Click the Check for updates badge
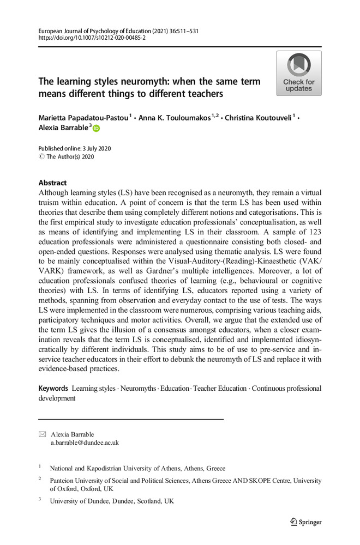click(x=298, y=74)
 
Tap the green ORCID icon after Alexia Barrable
click(x=97, y=129)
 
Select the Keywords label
click(x=53, y=388)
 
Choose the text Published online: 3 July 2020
click(x=75, y=149)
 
